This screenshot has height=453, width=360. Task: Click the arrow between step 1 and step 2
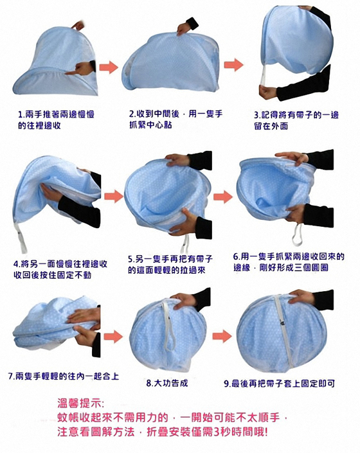(x=109, y=67)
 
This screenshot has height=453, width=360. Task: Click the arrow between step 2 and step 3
(x=234, y=64)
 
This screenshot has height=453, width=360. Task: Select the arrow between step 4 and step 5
(x=114, y=197)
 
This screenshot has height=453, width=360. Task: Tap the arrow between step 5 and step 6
(x=223, y=197)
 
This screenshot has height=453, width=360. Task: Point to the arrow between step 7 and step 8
(x=113, y=336)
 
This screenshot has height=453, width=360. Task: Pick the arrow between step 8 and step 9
(x=222, y=335)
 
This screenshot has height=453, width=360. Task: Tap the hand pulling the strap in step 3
(x=268, y=93)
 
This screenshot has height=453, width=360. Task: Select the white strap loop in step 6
(x=297, y=235)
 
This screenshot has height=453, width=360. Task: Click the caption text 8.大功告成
(x=167, y=383)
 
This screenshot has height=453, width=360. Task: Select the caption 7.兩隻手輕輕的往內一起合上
(x=63, y=376)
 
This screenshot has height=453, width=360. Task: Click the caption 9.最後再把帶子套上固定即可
(x=280, y=384)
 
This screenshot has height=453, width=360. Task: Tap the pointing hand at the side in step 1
(x=81, y=69)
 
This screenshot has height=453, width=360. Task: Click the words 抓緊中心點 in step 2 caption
(x=150, y=125)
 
